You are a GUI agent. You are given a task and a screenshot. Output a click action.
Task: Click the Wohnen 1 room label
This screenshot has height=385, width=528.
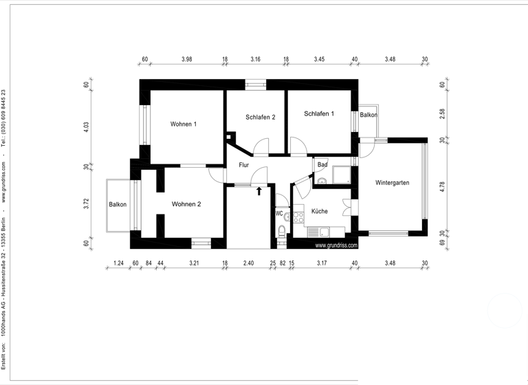click(x=184, y=124)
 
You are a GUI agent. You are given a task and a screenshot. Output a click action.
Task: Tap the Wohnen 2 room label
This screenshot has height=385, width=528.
click(x=186, y=204)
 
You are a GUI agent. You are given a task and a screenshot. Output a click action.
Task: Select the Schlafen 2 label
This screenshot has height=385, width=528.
click(x=261, y=118)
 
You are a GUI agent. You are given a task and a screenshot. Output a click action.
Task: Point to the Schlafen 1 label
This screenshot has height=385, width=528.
click(x=320, y=113)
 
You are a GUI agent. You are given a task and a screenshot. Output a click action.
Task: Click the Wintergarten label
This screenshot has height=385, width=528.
click(x=393, y=183)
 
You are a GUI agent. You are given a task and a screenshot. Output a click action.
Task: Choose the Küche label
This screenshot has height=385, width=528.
click(x=319, y=211)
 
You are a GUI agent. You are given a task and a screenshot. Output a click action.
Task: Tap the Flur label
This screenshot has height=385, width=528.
click(x=243, y=166)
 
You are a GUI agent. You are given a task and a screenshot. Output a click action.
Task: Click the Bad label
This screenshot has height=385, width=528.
click(x=322, y=165)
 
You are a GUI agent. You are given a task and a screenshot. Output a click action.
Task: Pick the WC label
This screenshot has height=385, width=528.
click(x=279, y=213)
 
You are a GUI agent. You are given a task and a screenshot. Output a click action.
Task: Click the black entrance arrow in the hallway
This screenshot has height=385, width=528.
click(x=259, y=190)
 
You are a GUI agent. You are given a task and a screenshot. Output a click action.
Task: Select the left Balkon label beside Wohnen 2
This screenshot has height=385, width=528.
click(x=118, y=205)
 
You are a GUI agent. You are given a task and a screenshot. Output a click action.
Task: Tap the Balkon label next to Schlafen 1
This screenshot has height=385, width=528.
click(x=368, y=115)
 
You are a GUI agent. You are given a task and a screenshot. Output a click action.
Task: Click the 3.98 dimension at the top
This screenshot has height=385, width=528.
click(x=186, y=60)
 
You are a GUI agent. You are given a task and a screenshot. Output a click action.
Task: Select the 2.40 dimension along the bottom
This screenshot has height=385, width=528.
click(x=248, y=263)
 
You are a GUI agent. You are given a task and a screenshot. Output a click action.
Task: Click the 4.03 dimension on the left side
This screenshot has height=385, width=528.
click(x=87, y=126)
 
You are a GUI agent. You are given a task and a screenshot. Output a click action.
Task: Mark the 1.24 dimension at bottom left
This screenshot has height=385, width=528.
click(x=118, y=263)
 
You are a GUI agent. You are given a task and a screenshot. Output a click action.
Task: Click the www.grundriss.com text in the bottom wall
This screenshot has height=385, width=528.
click(x=336, y=245)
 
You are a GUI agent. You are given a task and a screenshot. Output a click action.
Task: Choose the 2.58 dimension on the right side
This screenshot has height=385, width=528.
click(x=443, y=113)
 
